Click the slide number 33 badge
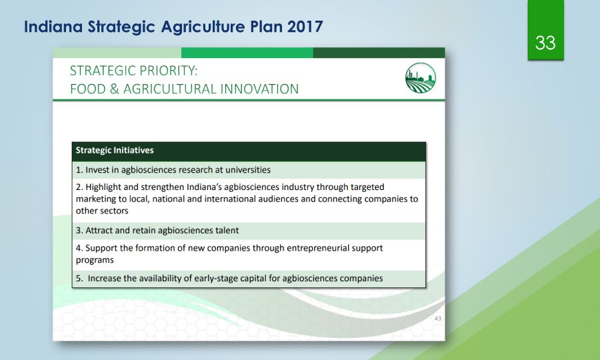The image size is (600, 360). click(545, 30)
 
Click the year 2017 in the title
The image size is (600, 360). click(305, 27)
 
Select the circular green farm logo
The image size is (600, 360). click(421, 78)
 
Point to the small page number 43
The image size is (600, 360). click(438, 318)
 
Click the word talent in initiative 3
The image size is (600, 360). click(227, 230)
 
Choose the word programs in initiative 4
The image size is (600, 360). click(95, 261)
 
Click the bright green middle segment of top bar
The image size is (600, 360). click(247, 53)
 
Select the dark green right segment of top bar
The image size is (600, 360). click(379, 53)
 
